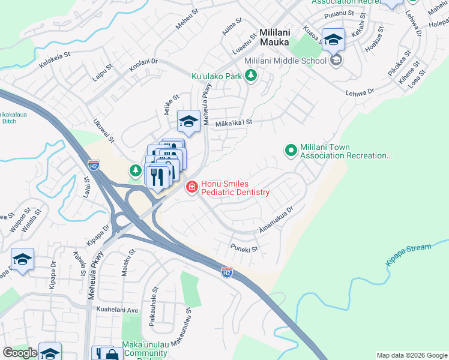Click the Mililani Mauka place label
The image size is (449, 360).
pyautogui.click(x=274, y=37)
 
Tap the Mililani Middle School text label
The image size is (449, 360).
pyautogui.click(x=285, y=61)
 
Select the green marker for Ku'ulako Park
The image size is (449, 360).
pyautogui.click(x=251, y=76)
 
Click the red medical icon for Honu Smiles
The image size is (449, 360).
pyautogui.click(x=192, y=188)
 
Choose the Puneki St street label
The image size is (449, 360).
pyautogui.click(x=244, y=248)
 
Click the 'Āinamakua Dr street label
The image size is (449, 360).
pyautogui.click(x=275, y=220)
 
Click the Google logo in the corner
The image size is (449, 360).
pyautogui.click(x=20, y=353)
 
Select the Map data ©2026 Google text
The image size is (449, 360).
pyautogui.click(x=411, y=355)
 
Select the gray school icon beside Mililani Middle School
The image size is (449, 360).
pyautogui.click(x=337, y=60)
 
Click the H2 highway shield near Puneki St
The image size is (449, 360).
pyautogui.click(x=227, y=272)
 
